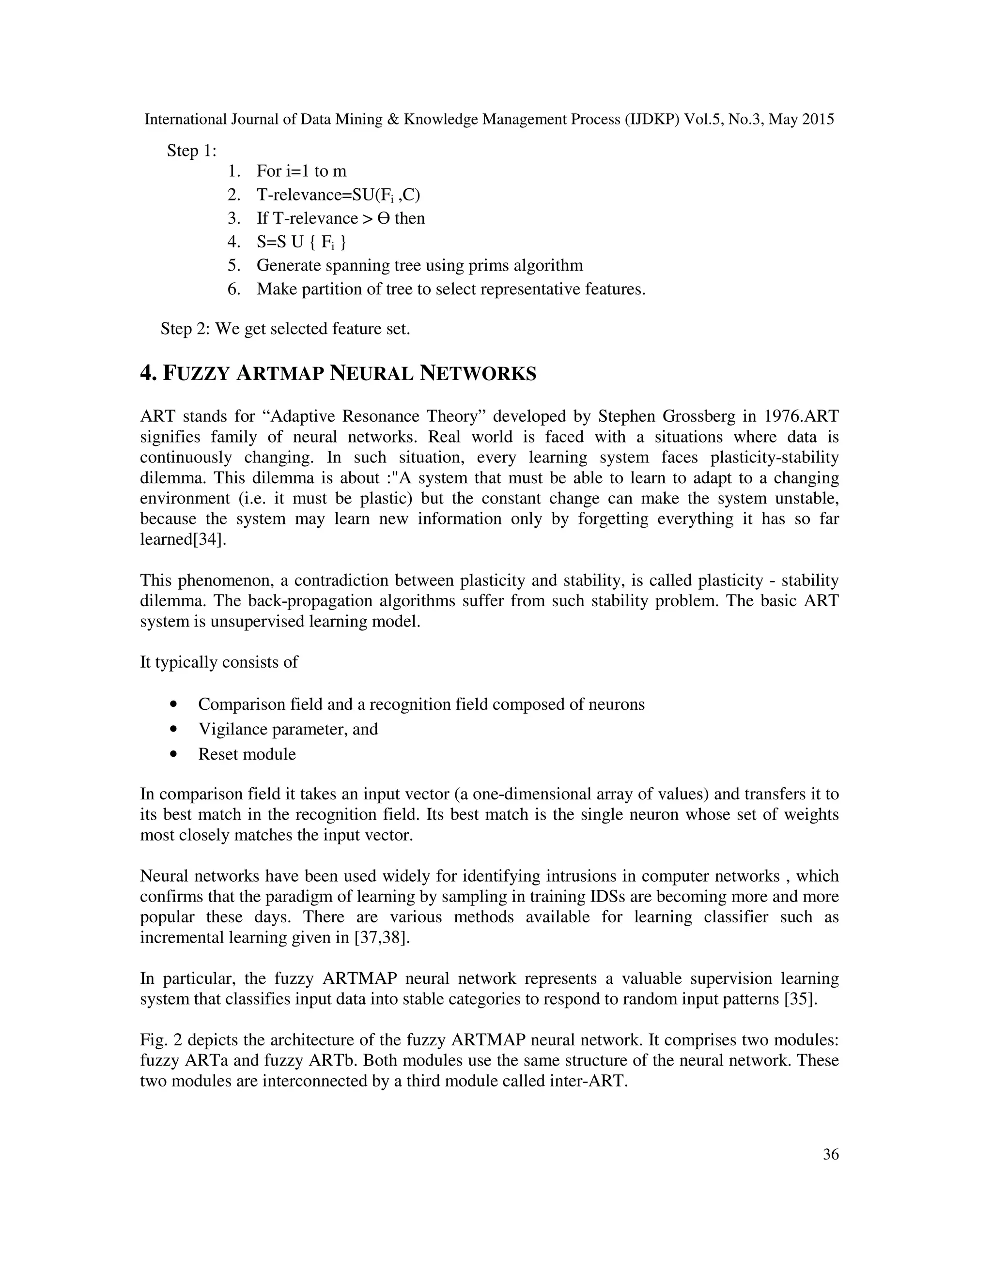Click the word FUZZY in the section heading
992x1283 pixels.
pyautogui.click(x=195, y=374)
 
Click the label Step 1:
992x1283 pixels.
pyautogui.click(x=192, y=151)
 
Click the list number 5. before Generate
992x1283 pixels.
pyautogui.click(x=234, y=265)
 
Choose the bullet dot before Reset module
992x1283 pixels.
pyautogui.click(x=173, y=754)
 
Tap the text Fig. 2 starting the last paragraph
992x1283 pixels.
pyautogui.click(x=157, y=1040)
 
